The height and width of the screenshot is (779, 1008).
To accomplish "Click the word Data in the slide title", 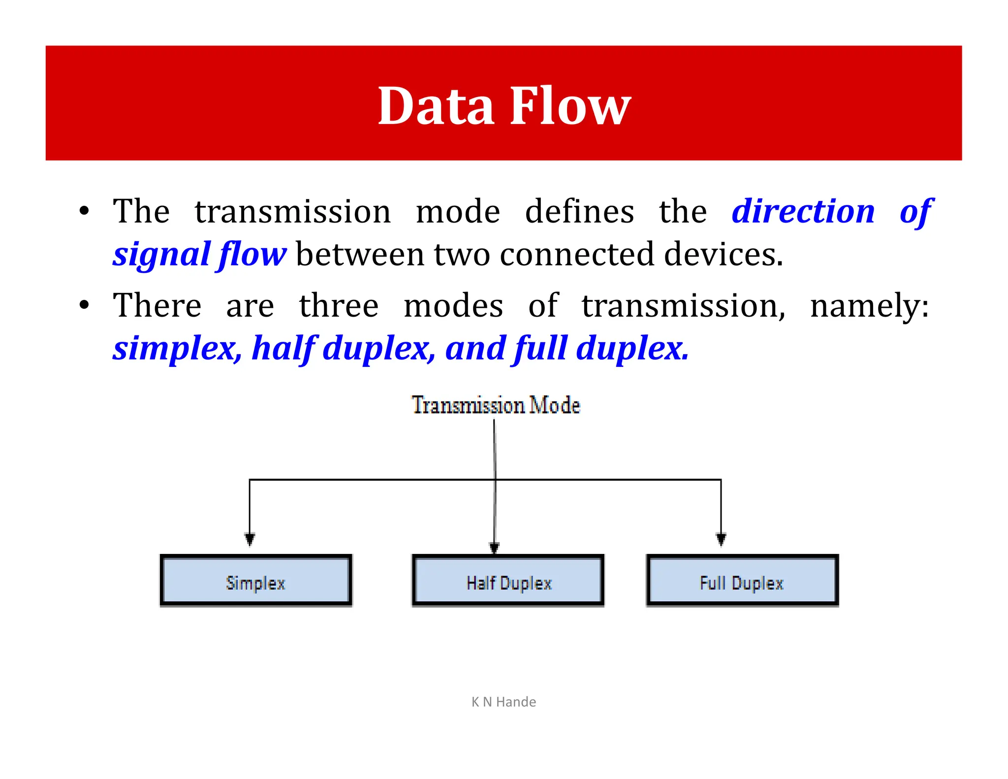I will click(x=436, y=106).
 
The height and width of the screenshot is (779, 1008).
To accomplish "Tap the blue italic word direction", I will click(x=803, y=212).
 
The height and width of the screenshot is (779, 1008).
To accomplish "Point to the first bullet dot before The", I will click(x=84, y=212).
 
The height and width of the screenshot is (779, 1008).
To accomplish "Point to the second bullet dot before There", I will click(x=84, y=305).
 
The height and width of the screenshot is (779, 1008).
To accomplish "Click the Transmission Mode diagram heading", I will click(x=496, y=405).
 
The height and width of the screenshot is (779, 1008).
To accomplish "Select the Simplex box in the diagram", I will click(x=255, y=581).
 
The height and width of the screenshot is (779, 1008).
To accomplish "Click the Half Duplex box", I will click(x=508, y=581).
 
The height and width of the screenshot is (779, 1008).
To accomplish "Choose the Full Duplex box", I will click(x=742, y=581).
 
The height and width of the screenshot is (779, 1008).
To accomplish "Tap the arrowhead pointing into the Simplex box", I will click(x=250, y=539).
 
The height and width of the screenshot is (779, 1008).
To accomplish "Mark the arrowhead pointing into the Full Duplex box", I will click(x=721, y=539).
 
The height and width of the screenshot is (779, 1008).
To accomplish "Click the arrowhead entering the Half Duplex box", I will click(x=494, y=548).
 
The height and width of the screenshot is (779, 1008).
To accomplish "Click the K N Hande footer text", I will click(x=504, y=702).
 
